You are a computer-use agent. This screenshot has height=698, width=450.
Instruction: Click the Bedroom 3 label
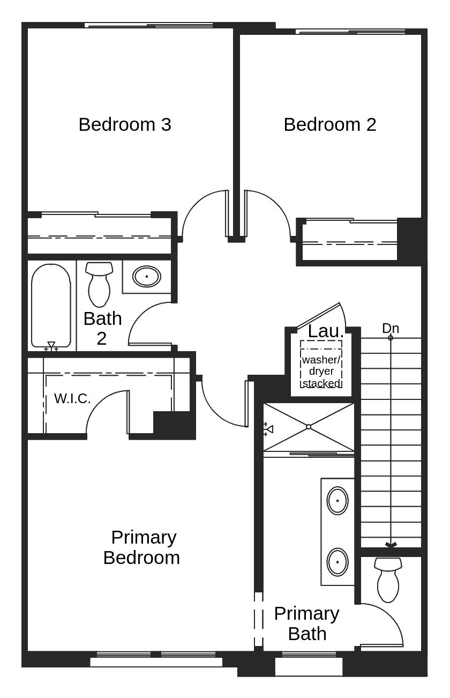125,124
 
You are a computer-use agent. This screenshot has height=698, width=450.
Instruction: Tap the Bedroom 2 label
329,124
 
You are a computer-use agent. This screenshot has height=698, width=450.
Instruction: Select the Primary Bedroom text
141,547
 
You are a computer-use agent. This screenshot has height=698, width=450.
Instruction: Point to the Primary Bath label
306,623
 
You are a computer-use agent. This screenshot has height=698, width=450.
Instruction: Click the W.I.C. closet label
72,399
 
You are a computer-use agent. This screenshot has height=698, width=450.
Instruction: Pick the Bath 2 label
102,328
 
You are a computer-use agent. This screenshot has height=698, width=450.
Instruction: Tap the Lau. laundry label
325,331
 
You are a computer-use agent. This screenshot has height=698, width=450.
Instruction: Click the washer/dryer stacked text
321,371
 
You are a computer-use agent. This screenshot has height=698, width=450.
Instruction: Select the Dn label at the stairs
390,328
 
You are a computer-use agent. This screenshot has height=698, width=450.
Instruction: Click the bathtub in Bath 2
51,306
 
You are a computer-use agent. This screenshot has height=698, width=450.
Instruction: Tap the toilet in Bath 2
99,284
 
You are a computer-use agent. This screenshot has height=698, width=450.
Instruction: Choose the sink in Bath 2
146,277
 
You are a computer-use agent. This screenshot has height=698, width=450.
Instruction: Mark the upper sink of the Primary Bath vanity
337,500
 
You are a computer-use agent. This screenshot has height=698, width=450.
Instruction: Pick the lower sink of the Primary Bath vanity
337,561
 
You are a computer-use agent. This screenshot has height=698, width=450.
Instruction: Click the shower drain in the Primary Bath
309,427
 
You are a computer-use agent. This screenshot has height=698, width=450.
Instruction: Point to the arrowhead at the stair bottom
391,545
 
